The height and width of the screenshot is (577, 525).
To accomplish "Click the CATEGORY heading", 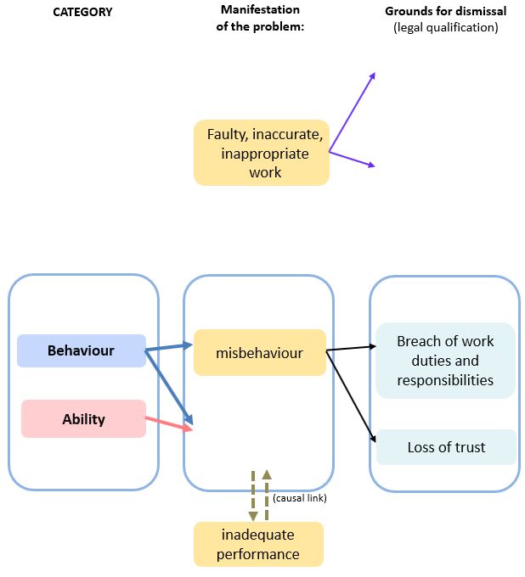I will pyautogui.click(x=82, y=13).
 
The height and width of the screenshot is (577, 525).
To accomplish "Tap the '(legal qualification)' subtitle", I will pyautogui.click(x=445, y=27).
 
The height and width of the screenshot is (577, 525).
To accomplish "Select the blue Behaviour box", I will pyautogui.click(x=82, y=350).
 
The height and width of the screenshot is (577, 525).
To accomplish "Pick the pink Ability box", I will pyautogui.click(x=83, y=419).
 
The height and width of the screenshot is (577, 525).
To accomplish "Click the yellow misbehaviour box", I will pyautogui.click(x=259, y=353).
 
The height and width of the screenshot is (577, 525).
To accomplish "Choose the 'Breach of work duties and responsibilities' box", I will pyautogui.click(x=445, y=361).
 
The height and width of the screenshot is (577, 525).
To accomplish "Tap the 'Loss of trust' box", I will pyautogui.click(x=446, y=447).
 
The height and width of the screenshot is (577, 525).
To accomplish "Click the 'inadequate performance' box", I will pyautogui.click(x=259, y=545).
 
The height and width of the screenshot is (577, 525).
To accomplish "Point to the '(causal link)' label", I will pyautogui.click(x=300, y=498).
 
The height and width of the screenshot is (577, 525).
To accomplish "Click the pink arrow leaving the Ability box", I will pyautogui.click(x=170, y=424).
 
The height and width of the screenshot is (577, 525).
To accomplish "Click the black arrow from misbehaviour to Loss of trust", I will pyautogui.click(x=350, y=396).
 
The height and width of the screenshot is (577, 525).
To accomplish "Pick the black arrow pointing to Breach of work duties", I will pyautogui.click(x=351, y=347).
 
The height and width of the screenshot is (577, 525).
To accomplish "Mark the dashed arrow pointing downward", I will pyautogui.click(x=252, y=496).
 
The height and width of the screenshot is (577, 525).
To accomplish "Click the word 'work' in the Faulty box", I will pyautogui.click(x=264, y=172).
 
